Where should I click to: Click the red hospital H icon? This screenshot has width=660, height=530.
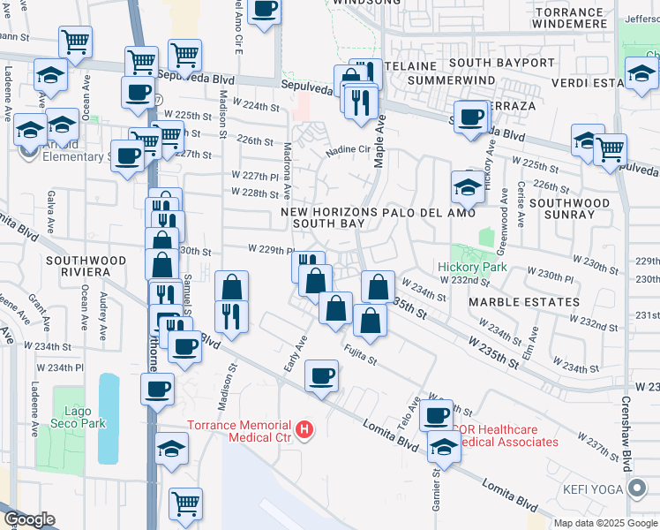(x=304, y=430)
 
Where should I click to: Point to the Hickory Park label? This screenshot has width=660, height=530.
(x=468, y=267)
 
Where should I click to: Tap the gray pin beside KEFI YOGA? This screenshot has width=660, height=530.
(x=638, y=488)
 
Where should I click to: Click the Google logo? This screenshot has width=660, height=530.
(x=29, y=519)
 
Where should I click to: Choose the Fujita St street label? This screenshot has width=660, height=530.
(x=361, y=354)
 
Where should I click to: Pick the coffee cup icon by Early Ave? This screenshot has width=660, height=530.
(x=322, y=375)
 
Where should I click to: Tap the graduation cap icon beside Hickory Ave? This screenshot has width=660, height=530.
(x=468, y=186)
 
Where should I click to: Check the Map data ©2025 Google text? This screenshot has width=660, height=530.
(x=604, y=523)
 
